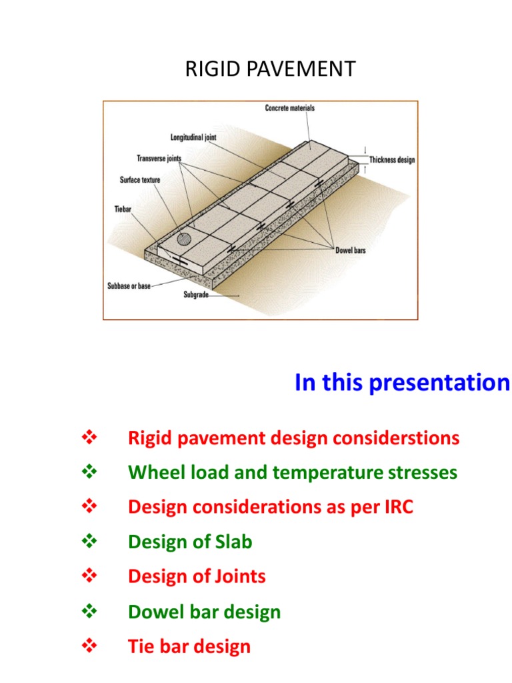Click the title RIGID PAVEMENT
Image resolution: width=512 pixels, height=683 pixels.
pos(271,69)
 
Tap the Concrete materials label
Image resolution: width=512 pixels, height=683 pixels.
pos(290,109)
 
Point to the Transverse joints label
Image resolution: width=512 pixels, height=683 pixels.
pos(159,159)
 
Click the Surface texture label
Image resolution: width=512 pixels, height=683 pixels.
pos(140,180)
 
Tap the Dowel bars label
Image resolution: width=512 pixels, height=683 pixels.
pos(351,251)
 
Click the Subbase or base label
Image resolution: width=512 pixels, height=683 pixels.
pos(129,285)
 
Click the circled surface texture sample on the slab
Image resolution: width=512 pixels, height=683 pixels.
pos(184,239)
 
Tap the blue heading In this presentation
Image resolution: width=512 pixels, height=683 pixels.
pos(401,383)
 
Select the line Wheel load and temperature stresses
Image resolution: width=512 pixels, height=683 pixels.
pos(293,474)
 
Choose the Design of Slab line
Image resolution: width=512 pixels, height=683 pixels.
pos(190,542)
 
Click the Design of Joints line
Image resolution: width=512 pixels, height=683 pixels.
pos(197,576)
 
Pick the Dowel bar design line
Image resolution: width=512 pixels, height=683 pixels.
pos(204,612)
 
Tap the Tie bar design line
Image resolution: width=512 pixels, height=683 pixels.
pos(189,646)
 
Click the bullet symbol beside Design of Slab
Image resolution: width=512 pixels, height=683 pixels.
pos(89,542)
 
